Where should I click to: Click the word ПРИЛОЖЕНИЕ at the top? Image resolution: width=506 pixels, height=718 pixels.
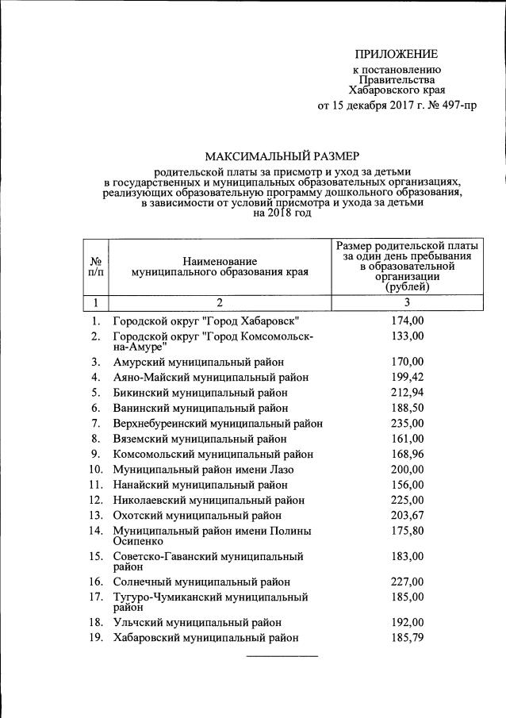tap(395, 54)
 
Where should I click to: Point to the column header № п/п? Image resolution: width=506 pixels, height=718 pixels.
tap(95, 266)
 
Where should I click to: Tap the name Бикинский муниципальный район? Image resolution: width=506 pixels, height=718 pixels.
tap(200, 393)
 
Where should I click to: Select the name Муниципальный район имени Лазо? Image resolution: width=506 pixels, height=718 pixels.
tap(203, 470)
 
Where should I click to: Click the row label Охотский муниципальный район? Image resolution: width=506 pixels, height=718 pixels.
tap(199, 516)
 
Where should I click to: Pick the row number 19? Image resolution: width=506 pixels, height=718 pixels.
tap(96, 638)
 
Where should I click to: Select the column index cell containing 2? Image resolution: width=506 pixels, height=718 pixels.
tap(220, 302)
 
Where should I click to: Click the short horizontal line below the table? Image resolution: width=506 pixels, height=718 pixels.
tap(282, 656)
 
